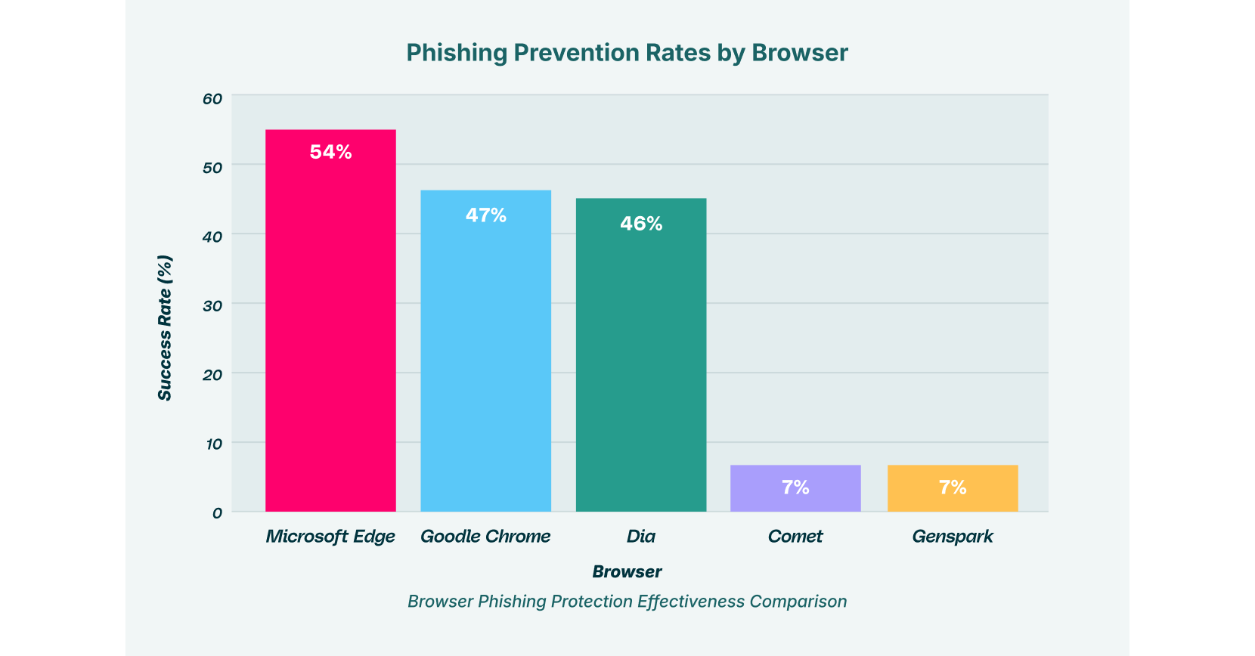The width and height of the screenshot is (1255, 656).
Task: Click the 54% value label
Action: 330,152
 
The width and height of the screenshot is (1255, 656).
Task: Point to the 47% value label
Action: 485,215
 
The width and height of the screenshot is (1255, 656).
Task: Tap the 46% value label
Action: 641,224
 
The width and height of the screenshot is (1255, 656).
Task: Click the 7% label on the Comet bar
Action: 795,487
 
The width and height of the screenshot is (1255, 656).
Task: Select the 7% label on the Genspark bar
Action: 953,487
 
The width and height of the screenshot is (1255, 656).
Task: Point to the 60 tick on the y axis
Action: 212,98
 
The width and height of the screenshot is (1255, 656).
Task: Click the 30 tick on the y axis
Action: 212,306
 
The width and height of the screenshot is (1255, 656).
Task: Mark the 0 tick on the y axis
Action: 217,513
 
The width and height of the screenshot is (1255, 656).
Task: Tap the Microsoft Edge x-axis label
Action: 330,537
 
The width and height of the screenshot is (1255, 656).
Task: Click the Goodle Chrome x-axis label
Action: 485,537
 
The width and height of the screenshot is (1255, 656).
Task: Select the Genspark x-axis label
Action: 953,537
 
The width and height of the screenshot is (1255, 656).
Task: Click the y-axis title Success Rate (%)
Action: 165,328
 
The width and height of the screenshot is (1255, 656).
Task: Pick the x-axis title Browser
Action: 627,572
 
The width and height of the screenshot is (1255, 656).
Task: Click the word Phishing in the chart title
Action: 457,53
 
